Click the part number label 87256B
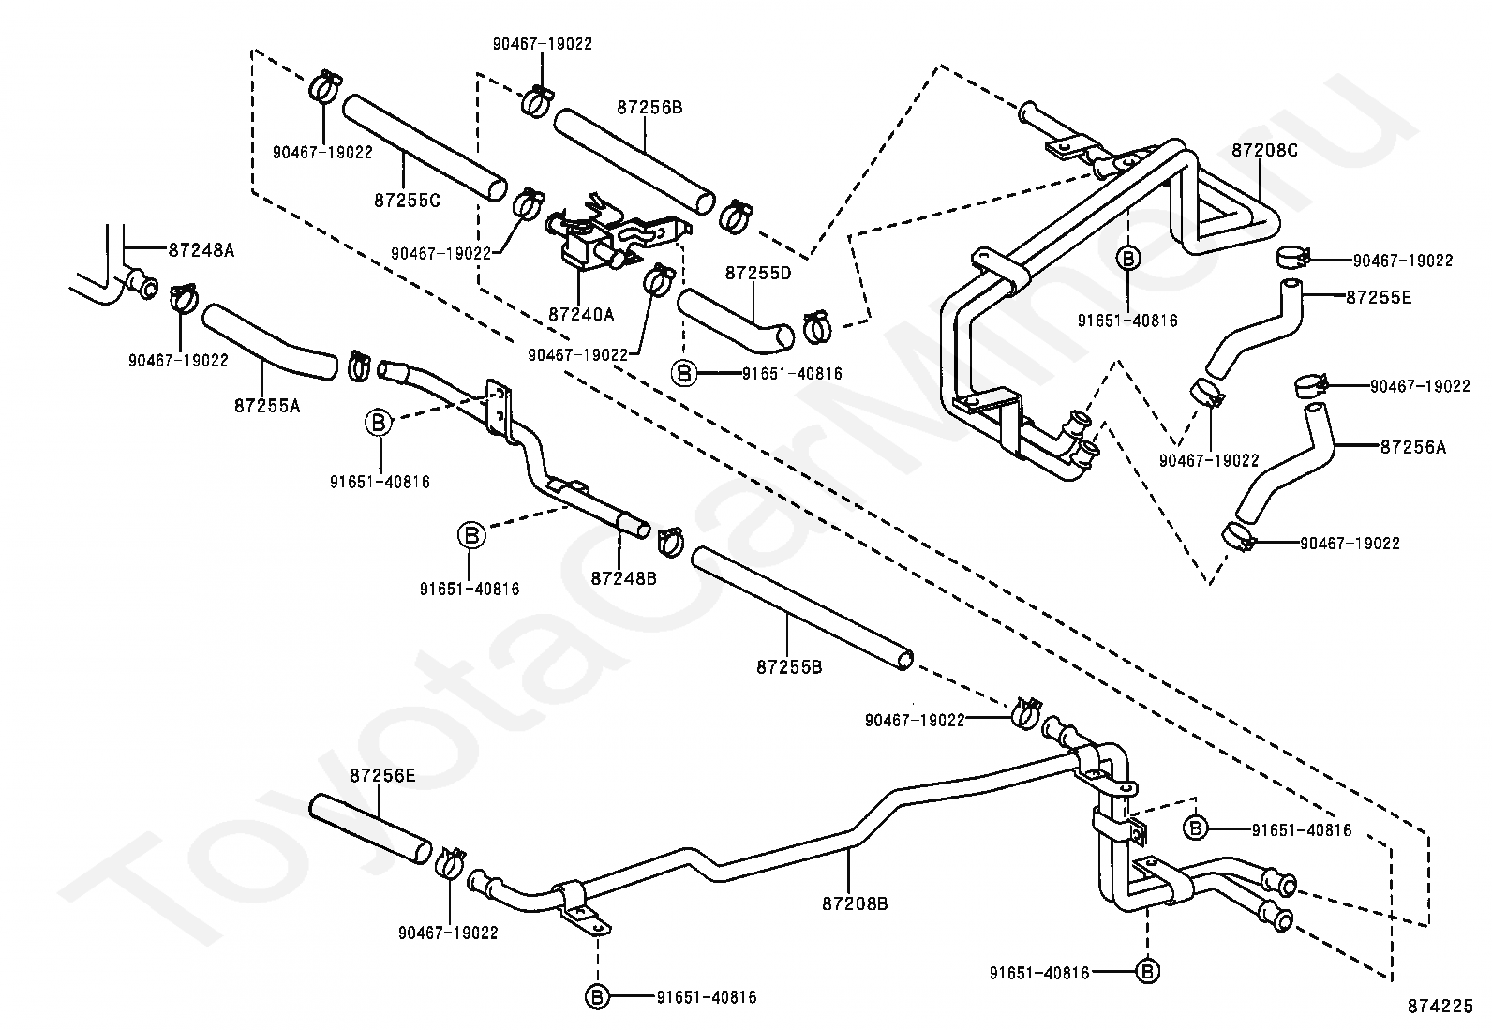649,107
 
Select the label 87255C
407,201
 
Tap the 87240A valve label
581,314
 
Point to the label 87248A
201,250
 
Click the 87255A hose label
267,405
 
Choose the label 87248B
623,578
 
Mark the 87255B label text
789,667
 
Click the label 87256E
382,775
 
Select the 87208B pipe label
855,904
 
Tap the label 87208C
1264,151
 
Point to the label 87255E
1378,297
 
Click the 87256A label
1412,447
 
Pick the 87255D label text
758,273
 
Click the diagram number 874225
1440,1006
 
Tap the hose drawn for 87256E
370,828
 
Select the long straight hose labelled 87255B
802,608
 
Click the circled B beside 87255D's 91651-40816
683,374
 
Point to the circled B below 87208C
1127,259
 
